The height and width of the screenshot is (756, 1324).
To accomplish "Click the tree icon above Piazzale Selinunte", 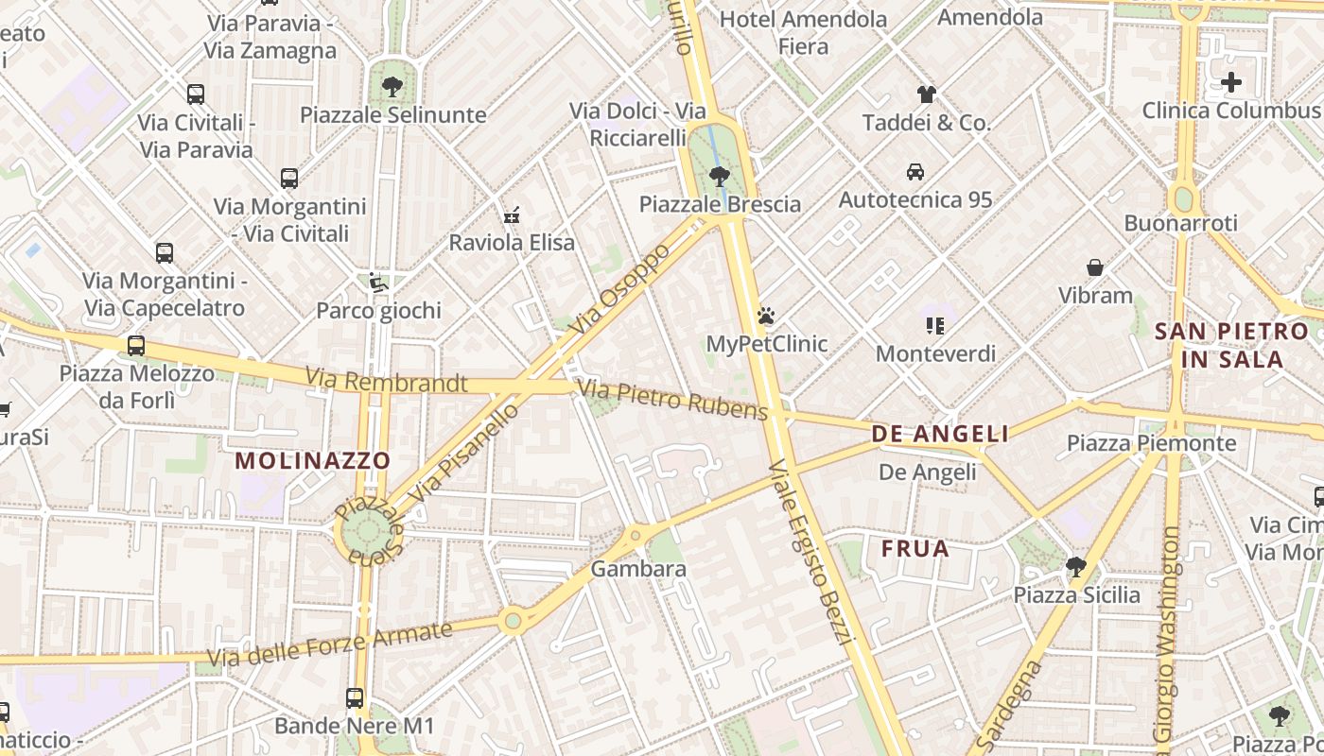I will tap(391, 87).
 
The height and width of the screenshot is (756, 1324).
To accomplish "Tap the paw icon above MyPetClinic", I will tap(766, 316).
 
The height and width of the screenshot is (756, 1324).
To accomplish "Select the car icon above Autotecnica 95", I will tap(915, 171).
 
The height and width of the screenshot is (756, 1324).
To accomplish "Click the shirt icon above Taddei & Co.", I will tap(927, 94).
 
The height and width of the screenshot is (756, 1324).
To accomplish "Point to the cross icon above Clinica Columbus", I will tap(1230, 81).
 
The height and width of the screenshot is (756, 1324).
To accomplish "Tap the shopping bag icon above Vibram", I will tap(1095, 267).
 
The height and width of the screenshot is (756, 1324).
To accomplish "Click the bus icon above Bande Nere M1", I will tap(355, 698).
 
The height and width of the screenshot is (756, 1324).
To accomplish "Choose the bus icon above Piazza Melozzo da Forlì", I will tap(136, 345).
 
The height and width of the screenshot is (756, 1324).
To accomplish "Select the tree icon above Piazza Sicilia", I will tap(1075, 567).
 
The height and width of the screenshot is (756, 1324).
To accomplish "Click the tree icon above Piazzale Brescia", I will tap(720, 176).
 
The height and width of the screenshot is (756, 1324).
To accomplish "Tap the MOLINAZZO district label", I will tap(313, 461).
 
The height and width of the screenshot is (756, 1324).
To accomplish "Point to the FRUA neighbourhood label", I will tap(915, 549).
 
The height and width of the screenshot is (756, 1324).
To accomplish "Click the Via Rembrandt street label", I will tap(386, 382).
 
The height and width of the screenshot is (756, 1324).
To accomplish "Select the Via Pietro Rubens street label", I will tap(672, 400).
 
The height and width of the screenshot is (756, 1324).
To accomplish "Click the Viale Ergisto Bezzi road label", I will tap(812, 552).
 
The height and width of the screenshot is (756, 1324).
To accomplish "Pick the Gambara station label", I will tap(638, 569).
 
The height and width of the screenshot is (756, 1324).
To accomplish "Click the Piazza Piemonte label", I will tap(1151, 443).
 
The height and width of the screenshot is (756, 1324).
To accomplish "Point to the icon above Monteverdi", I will tap(935, 326).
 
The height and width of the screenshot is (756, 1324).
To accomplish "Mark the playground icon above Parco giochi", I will tap(378, 282).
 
